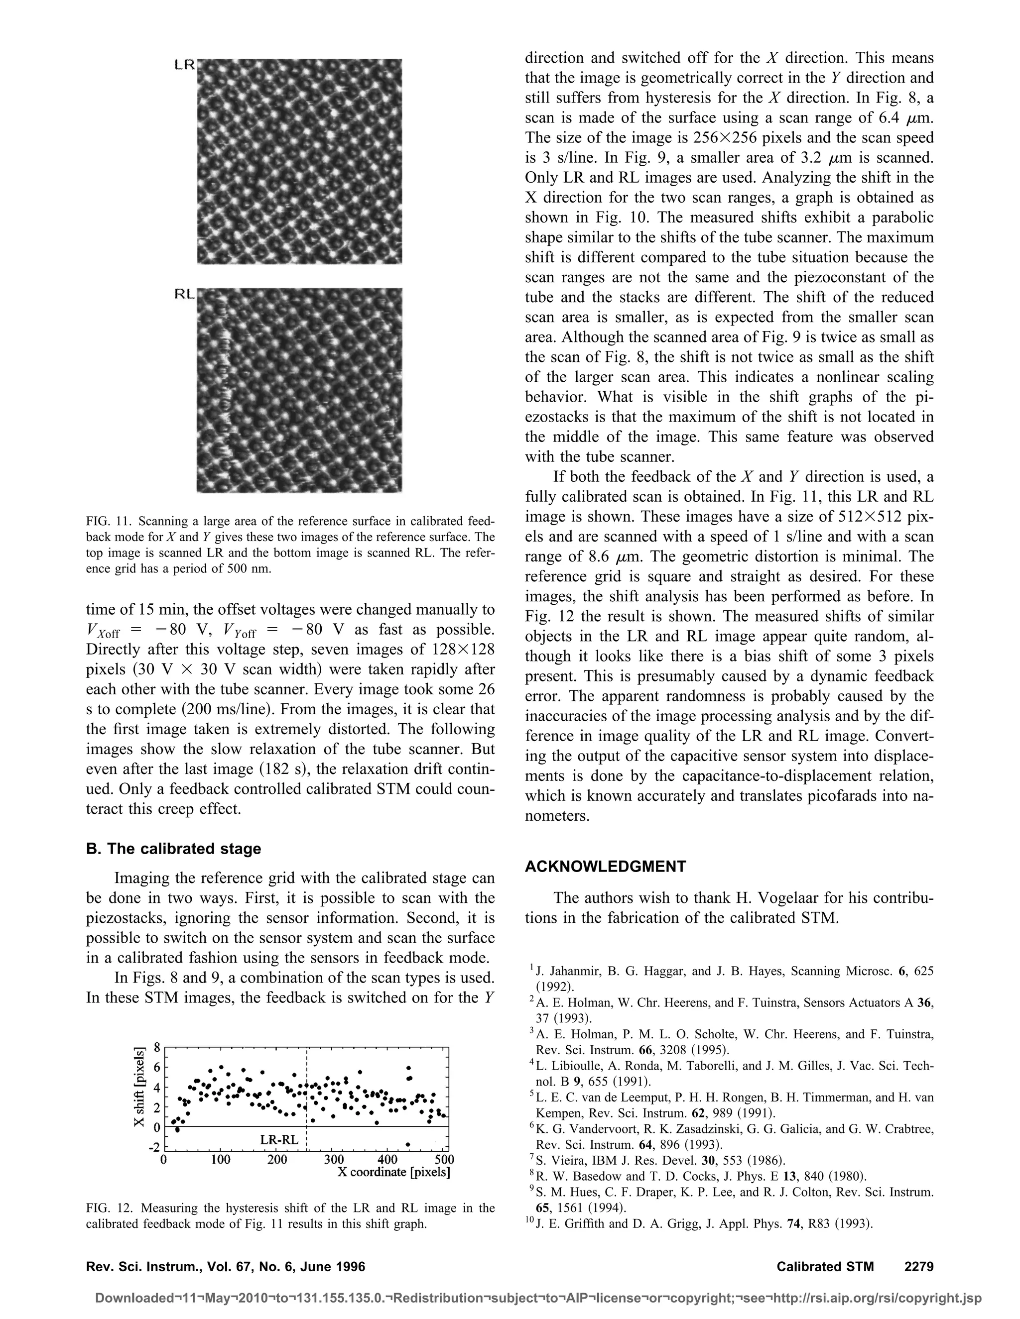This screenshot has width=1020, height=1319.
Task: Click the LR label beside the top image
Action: point(184,65)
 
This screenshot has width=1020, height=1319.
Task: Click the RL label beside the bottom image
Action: point(184,294)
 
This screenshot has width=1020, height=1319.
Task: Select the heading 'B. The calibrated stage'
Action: point(173,849)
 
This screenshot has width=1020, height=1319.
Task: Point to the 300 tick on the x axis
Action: point(333,1160)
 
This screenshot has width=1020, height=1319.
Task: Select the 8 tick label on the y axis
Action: point(157,1047)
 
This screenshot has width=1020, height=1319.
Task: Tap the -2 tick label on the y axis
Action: point(154,1147)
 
